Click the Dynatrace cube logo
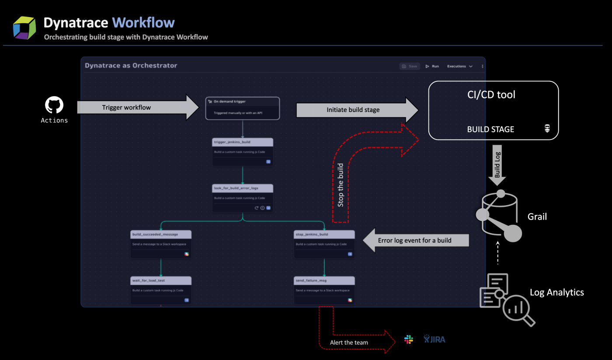point(24,28)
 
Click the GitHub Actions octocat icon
point(54,105)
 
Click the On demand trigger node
point(243,108)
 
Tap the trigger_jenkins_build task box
point(243,152)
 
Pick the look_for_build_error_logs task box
point(243,198)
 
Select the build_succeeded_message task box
point(161,244)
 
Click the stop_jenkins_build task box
point(324,244)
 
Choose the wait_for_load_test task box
point(161,290)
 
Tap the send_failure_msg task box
point(324,290)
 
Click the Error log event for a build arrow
point(415,240)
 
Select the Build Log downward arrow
point(497,164)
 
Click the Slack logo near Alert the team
point(409,339)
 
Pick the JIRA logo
point(435,339)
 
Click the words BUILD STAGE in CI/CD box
point(490,129)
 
